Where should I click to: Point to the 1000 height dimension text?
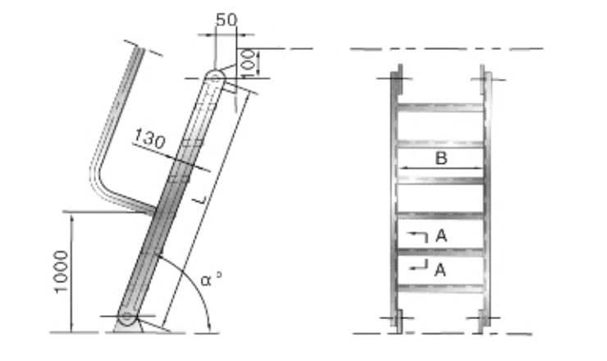pos(63,272)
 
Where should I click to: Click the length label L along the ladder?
pos(202,199)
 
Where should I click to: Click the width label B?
pos(440,158)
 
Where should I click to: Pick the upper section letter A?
pos(440,236)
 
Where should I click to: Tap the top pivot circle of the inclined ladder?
pos(214,78)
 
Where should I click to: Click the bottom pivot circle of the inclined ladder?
pos(127,317)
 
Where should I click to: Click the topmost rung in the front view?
pos(440,107)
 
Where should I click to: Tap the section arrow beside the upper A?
pos(418,236)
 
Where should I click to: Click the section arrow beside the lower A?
pos(418,266)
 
